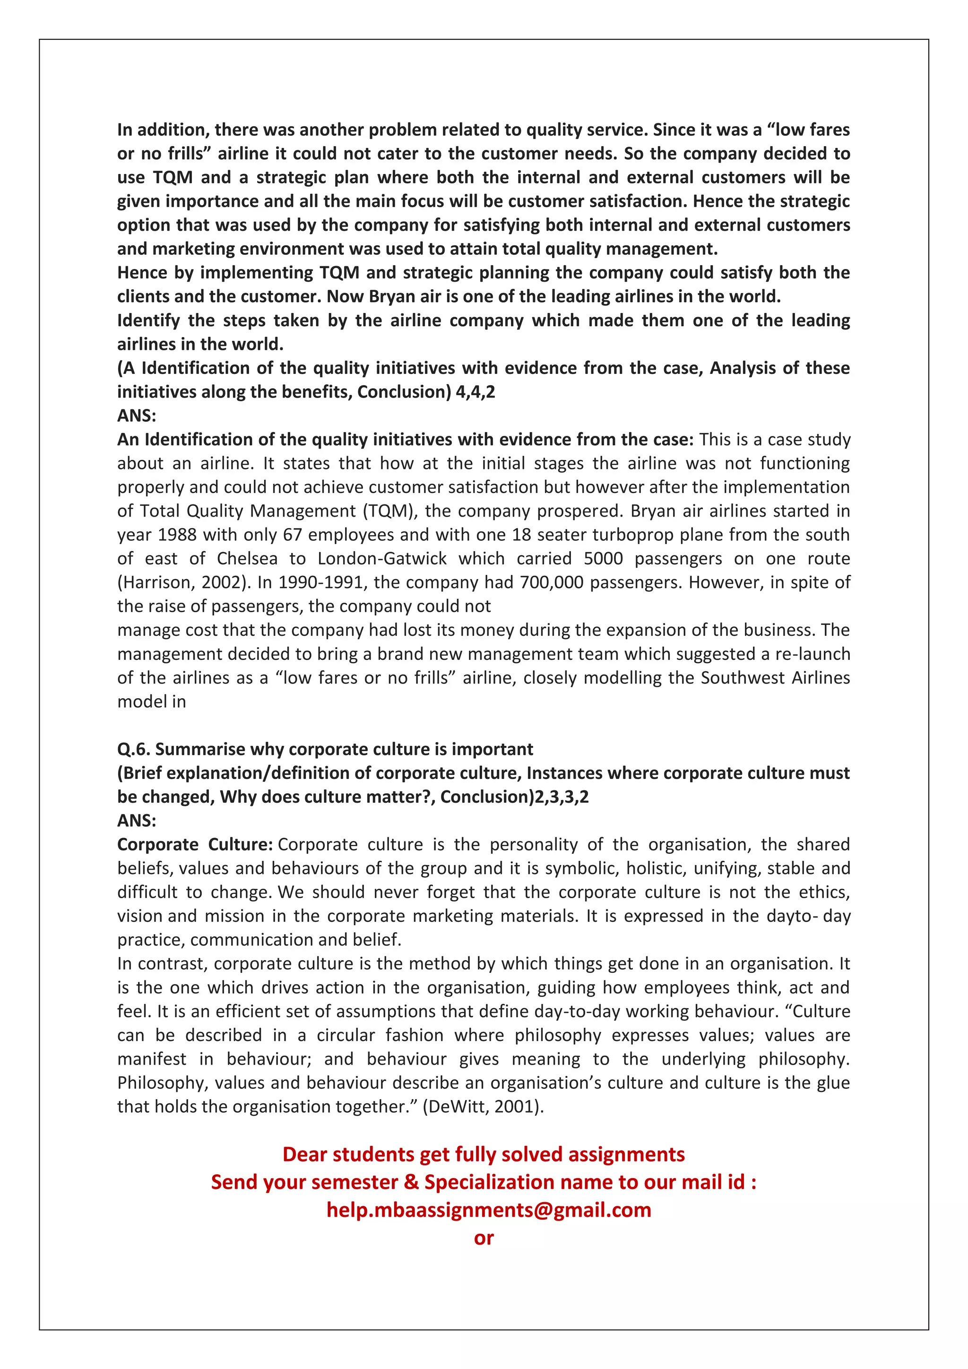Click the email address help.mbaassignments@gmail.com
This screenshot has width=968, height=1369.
489,1210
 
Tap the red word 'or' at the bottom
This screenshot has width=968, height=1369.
484,1238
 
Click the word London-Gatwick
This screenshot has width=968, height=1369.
382,558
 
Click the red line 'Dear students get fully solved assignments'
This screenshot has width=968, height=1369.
484,1154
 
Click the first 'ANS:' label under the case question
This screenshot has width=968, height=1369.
137,416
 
